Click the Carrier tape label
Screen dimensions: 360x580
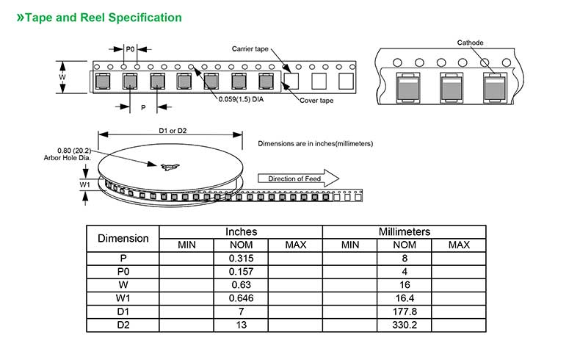(x=250, y=48)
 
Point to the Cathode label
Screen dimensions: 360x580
(x=470, y=43)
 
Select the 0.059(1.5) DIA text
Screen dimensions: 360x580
(x=241, y=99)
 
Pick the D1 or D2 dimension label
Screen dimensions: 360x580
(x=172, y=131)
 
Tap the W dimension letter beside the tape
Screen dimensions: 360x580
(x=62, y=77)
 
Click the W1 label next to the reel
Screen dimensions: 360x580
(x=84, y=184)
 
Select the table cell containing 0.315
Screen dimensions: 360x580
(x=240, y=258)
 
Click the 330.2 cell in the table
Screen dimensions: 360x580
(x=405, y=325)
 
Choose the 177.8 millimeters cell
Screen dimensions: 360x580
(x=405, y=312)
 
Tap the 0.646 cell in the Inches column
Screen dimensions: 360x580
(x=240, y=298)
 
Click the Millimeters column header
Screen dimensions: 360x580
(x=404, y=232)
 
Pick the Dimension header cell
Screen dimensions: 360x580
(x=123, y=238)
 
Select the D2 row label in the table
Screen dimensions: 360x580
(x=123, y=325)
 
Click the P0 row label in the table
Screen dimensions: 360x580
(x=123, y=271)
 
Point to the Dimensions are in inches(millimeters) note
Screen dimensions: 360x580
(x=316, y=143)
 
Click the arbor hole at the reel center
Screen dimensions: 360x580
(x=168, y=167)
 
